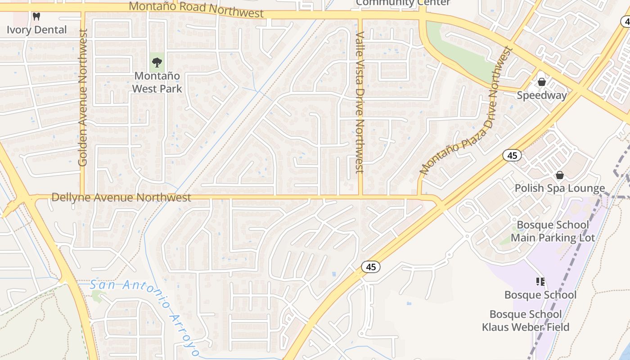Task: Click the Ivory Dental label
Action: [x=37, y=30]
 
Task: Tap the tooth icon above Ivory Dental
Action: [x=37, y=17]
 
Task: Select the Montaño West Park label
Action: [x=157, y=82]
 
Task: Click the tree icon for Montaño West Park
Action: [x=157, y=62]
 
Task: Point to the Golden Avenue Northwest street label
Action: [x=82, y=97]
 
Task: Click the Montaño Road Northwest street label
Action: [x=196, y=9]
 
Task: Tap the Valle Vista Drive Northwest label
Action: [x=359, y=102]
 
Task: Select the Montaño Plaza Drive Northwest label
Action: [x=466, y=111]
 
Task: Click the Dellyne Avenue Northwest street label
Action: [x=121, y=197]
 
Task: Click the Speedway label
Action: [x=542, y=95]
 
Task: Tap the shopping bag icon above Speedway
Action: [x=542, y=82]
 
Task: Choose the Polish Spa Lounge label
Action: [x=560, y=188]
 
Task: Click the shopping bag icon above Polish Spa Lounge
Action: [x=560, y=175]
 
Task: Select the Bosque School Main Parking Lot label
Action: [x=553, y=231]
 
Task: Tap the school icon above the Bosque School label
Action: [x=540, y=282]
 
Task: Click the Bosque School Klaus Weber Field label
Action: [x=526, y=320]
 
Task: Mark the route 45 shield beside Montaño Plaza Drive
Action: [x=512, y=155]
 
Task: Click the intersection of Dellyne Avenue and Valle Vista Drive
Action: [x=360, y=196]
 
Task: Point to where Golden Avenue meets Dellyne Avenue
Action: [x=83, y=196]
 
